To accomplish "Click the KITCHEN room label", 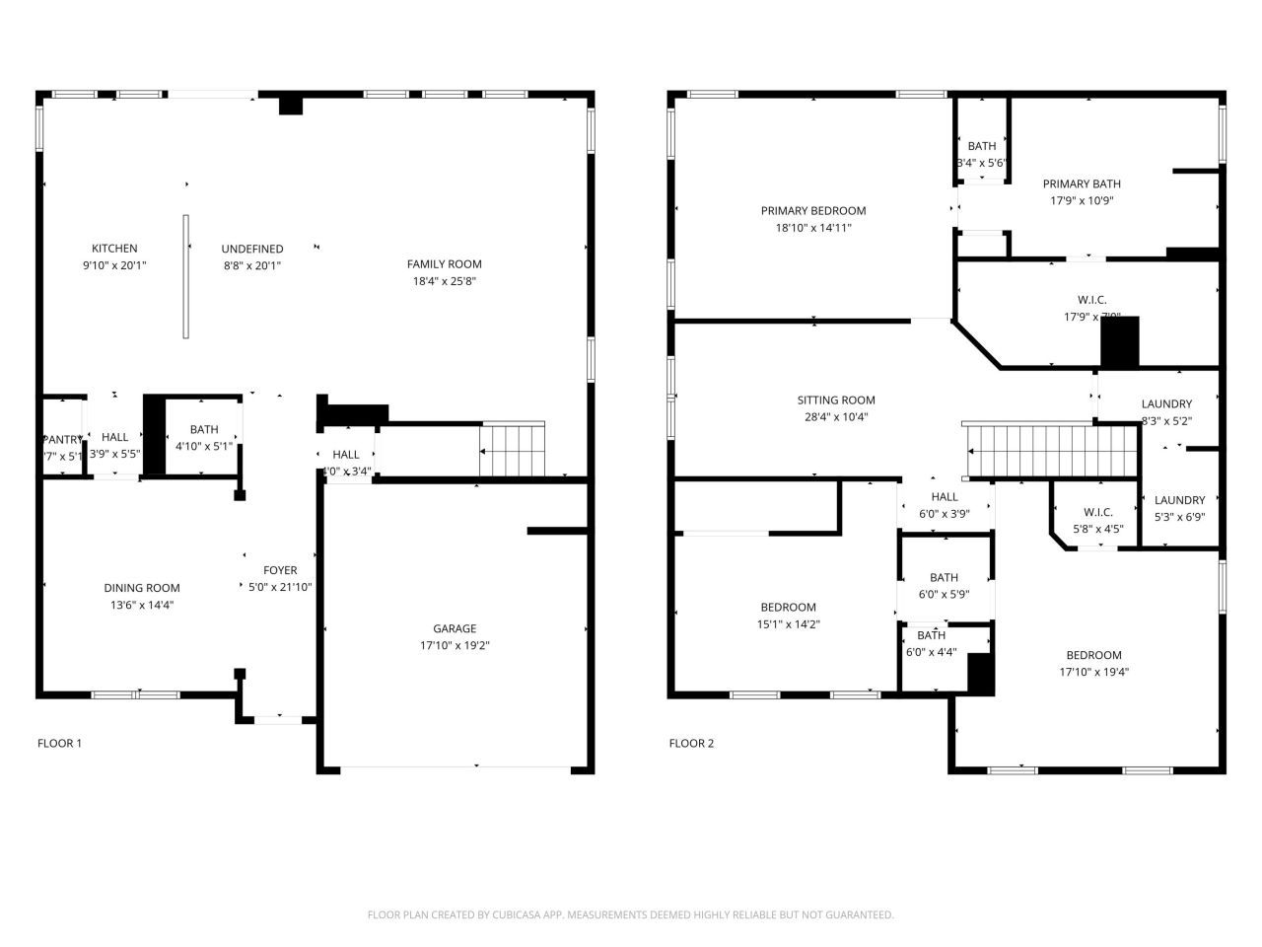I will tap(114, 249).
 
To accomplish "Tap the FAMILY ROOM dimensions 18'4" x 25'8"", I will tap(444, 281).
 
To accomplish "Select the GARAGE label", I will tap(455, 628).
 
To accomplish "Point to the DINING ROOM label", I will tap(142, 588).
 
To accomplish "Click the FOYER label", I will tap(280, 570).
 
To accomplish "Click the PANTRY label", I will tap(61, 439).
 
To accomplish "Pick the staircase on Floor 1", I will tap(512, 449).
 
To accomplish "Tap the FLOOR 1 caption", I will tap(59, 743).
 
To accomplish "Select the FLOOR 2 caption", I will tap(691, 743).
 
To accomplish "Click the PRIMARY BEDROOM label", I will tap(813, 210).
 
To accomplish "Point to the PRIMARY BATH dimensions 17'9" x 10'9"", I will tap(1082, 200).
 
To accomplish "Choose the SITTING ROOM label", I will tap(836, 401).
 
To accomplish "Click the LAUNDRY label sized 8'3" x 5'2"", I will tap(1166, 403).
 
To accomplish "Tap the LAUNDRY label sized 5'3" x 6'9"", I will tap(1179, 500).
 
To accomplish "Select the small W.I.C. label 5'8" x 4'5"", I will tap(1097, 512).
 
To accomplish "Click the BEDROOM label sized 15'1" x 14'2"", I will tap(788, 607).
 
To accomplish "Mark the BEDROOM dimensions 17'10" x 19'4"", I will tap(1093, 672).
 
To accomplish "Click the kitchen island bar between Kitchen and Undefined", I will tap(185, 276).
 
